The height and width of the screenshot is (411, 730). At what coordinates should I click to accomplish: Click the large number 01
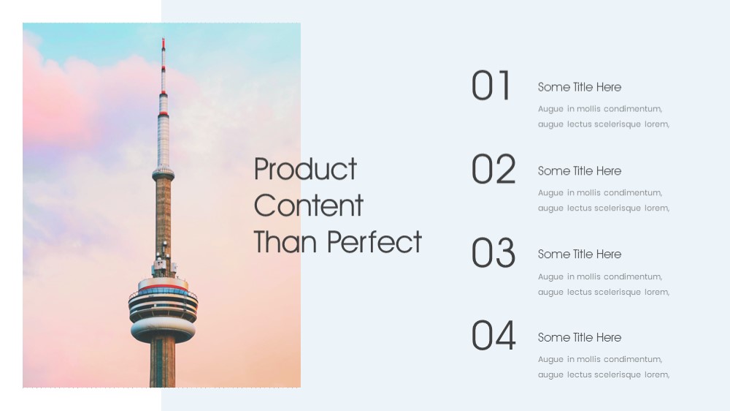tap(491, 86)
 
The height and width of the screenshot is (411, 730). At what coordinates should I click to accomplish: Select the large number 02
tap(493, 169)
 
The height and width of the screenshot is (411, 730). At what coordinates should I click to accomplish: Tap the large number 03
tap(493, 252)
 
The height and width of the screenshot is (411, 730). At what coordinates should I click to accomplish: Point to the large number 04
tap(493, 336)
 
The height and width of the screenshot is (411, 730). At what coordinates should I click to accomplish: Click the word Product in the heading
tap(305, 169)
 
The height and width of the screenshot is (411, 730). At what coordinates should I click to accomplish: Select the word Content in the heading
tap(308, 205)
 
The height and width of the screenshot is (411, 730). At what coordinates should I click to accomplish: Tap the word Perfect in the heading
tap(374, 241)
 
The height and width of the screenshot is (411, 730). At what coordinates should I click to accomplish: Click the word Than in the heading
tap(286, 241)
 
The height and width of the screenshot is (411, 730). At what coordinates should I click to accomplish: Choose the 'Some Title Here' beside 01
tap(580, 87)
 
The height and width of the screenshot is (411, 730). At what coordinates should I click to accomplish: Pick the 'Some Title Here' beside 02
tap(580, 170)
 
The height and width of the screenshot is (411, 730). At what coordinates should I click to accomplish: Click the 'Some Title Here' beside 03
tap(580, 254)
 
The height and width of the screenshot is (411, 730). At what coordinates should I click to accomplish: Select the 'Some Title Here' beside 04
tap(580, 337)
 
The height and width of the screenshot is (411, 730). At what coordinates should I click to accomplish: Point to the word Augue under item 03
tap(550, 277)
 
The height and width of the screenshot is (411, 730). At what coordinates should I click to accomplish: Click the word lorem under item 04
tap(657, 374)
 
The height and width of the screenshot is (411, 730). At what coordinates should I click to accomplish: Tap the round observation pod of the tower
tap(163, 309)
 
